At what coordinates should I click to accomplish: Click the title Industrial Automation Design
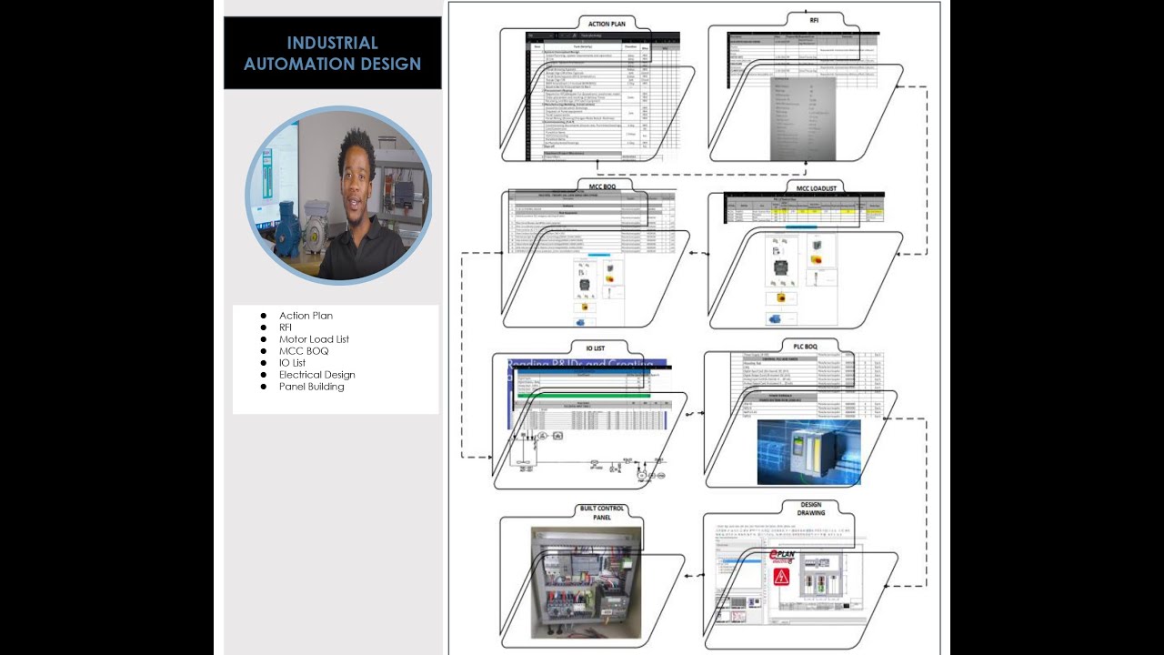[332, 53]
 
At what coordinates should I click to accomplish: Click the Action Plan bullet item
[306, 316]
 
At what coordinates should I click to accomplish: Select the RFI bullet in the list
[286, 327]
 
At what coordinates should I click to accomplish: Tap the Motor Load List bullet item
[314, 339]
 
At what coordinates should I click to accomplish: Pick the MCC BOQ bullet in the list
[304, 351]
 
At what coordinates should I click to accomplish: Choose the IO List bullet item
[292, 363]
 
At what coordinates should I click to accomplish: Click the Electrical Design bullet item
[316, 375]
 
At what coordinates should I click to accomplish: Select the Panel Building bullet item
[311, 387]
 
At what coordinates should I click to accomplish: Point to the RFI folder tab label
[814, 19]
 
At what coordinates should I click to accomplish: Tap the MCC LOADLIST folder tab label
[815, 188]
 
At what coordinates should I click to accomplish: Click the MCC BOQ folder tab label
[604, 186]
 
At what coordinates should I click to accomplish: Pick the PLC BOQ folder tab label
[805, 347]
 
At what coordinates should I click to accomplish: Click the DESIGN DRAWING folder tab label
[811, 509]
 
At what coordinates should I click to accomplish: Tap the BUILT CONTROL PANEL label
[597, 512]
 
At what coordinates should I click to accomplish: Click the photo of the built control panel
[586, 581]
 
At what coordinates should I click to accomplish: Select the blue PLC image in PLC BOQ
[808, 451]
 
